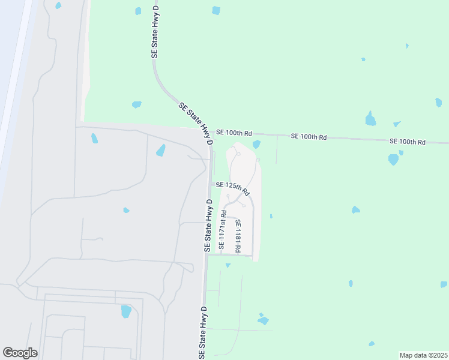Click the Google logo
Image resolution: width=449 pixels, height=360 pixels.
tap(20, 353)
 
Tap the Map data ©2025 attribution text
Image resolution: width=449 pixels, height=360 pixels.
tap(424, 355)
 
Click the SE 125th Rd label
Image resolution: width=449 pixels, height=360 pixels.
tap(232, 188)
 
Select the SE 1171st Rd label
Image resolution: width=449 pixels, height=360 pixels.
tap(222, 230)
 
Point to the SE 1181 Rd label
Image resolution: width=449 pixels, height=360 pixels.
tap(238, 236)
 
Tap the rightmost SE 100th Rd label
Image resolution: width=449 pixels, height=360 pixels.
tap(407, 142)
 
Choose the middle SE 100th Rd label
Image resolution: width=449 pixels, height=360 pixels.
tap(309, 137)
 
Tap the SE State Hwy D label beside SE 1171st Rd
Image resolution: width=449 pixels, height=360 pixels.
tap(208, 226)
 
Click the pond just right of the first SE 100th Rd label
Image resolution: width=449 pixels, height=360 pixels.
tap(257, 144)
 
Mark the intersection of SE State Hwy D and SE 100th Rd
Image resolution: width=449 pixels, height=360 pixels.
tap(211, 131)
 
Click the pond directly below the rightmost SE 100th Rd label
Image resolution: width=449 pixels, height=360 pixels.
tap(393, 160)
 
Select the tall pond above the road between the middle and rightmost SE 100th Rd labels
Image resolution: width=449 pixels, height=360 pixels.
tap(370, 119)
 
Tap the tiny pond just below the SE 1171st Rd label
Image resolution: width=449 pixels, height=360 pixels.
tap(228, 265)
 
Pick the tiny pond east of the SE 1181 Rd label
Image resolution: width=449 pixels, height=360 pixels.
tap(271, 216)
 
